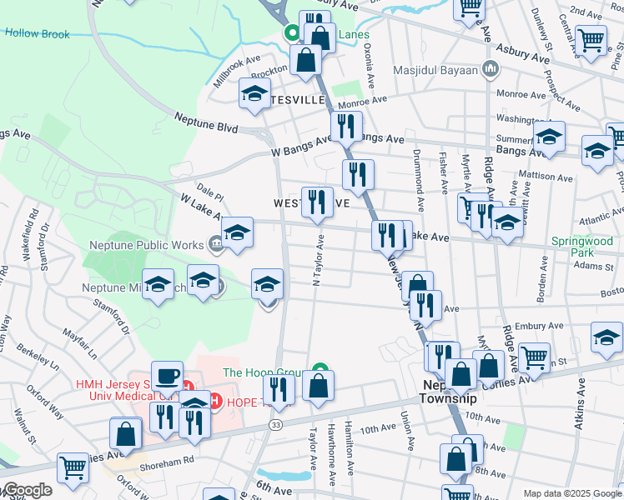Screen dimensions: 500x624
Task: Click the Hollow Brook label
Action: [x=37, y=34]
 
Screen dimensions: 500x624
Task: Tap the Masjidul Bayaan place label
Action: [x=435, y=70]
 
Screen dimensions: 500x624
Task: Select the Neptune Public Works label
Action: [x=146, y=245]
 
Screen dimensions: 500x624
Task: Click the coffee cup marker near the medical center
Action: [x=167, y=376]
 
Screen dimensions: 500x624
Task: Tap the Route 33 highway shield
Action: [x=274, y=425]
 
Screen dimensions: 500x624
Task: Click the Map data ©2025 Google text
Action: [x=572, y=493]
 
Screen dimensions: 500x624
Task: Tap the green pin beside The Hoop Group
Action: [x=320, y=370]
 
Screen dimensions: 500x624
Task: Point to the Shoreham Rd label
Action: [x=167, y=459]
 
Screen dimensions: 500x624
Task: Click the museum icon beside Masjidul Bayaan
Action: [x=491, y=69]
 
